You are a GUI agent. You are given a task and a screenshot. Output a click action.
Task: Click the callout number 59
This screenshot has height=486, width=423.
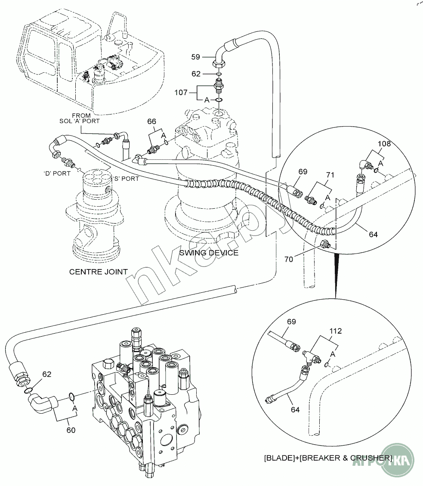coord(196,56)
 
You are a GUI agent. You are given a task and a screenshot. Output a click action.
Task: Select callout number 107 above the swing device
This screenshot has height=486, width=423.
coord(181,92)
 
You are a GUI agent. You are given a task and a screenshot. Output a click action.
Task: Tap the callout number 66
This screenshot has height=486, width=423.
coord(151,122)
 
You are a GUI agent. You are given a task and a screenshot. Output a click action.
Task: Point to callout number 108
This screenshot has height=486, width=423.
coord(384,144)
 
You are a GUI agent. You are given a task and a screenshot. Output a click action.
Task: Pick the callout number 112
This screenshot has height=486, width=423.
coord(336,331)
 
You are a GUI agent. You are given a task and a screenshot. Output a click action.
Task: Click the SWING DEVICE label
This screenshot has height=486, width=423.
coord(209,253)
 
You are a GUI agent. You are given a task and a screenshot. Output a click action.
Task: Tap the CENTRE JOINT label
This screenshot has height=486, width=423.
coord(99,272)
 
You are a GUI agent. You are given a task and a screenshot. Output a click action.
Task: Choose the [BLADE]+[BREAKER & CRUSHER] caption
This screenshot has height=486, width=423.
coord(328,458)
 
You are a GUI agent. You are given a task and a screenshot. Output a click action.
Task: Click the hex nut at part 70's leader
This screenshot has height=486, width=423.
coord(325,244)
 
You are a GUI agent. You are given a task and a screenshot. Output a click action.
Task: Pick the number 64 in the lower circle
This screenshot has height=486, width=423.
coord(295,409)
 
